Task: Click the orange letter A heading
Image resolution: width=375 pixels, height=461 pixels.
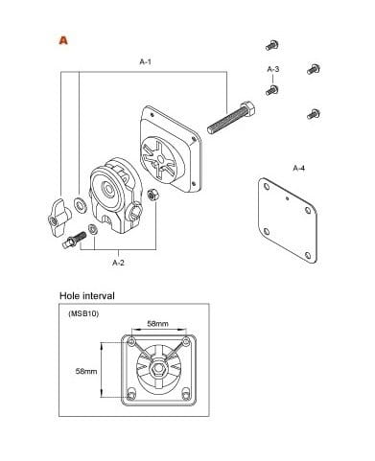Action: [x=63, y=40]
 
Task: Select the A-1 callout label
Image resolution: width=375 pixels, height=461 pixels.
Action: [x=145, y=61]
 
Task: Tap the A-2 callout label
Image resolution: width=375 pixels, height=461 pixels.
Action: [x=118, y=263]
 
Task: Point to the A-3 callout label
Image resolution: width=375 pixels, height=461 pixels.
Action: [x=273, y=69]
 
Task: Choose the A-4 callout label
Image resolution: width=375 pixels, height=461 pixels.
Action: [x=299, y=168]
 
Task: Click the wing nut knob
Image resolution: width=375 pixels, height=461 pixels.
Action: [x=58, y=218]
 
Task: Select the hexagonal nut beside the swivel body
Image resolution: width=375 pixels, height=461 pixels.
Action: [x=152, y=195]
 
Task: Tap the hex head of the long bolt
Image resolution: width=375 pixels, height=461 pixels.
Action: [x=247, y=109]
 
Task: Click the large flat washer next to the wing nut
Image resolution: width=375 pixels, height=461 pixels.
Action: [x=80, y=205]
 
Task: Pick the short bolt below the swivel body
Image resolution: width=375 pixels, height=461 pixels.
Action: [x=74, y=240]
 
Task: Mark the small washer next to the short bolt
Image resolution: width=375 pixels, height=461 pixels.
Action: [x=93, y=229]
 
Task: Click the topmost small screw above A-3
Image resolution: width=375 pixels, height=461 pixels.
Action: [x=272, y=45]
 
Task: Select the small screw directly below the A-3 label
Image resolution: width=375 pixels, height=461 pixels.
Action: [x=272, y=90]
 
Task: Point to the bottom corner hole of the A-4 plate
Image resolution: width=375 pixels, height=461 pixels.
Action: [x=308, y=255]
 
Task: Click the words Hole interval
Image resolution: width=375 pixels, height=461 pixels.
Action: [x=87, y=296]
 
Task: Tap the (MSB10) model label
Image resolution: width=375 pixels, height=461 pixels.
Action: [x=83, y=313]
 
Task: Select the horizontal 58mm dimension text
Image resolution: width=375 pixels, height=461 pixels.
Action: [x=157, y=324]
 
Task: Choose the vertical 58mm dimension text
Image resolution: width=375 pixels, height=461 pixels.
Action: [x=86, y=371]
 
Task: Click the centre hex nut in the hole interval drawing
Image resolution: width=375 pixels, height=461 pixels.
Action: [x=157, y=369]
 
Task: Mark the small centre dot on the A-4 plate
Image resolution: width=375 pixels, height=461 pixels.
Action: [x=288, y=198]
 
